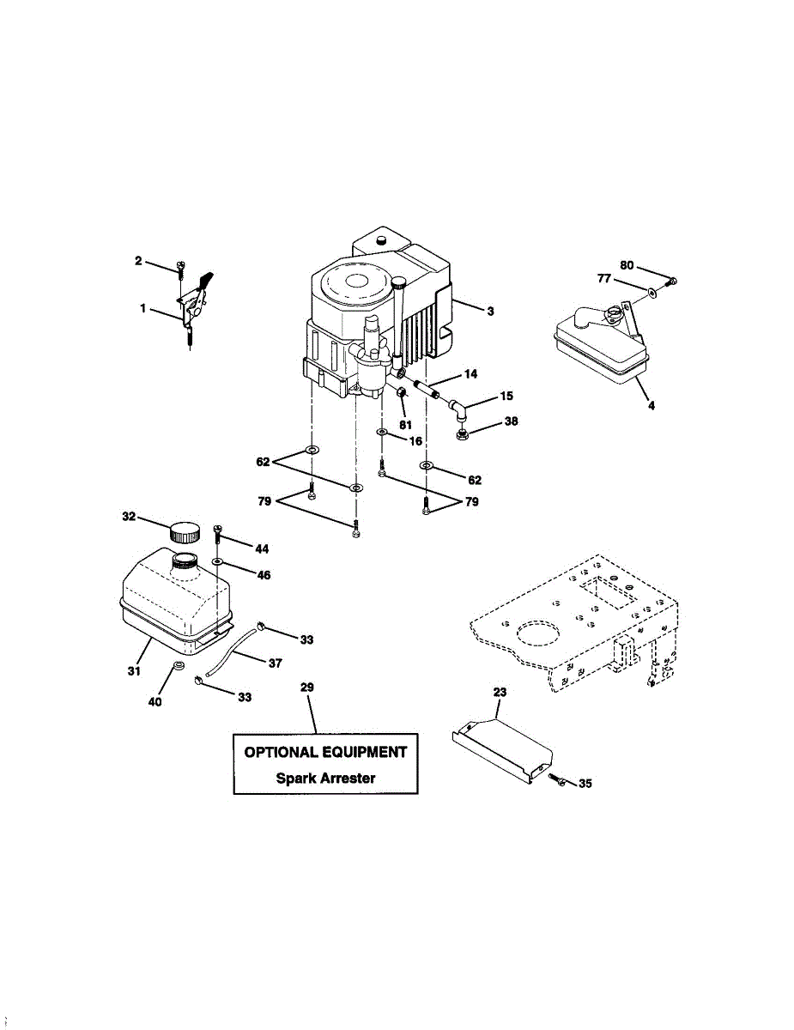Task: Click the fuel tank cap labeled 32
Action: point(183,531)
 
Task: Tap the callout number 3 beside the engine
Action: point(490,312)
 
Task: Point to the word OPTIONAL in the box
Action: point(282,753)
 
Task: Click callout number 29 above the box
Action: point(307,688)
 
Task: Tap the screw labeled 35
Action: point(555,778)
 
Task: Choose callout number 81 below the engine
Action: point(406,425)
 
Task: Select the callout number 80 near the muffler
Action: point(627,266)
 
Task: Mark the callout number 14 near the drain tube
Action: point(470,374)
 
